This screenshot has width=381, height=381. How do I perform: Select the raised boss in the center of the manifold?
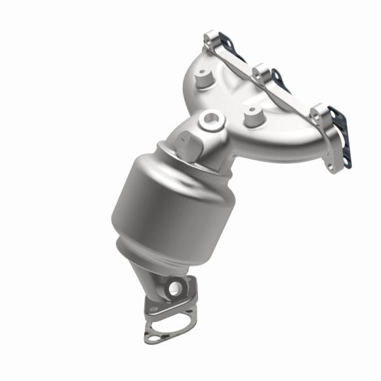click(x=254, y=115)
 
